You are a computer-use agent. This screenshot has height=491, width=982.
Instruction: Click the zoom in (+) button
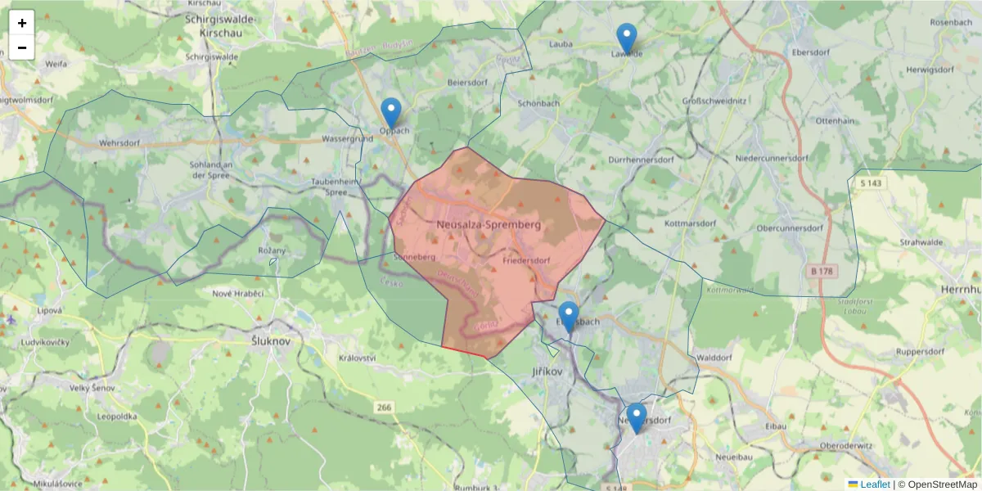tap(22, 23)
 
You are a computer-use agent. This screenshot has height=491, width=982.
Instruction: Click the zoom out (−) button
tap(22, 47)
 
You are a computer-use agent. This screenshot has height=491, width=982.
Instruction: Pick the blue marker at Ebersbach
tap(568, 317)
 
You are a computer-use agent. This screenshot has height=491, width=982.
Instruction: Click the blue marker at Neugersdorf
tap(636, 418)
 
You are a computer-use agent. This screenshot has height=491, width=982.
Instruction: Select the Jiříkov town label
tap(547, 372)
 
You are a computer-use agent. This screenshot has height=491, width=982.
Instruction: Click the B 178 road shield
tap(825, 270)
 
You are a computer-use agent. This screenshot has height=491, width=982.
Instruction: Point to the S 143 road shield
tap(870, 182)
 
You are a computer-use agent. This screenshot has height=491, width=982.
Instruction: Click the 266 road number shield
tap(385, 407)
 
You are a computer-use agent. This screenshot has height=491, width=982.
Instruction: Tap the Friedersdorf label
tap(525, 261)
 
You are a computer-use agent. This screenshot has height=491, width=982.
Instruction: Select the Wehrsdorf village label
tap(120, 142)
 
